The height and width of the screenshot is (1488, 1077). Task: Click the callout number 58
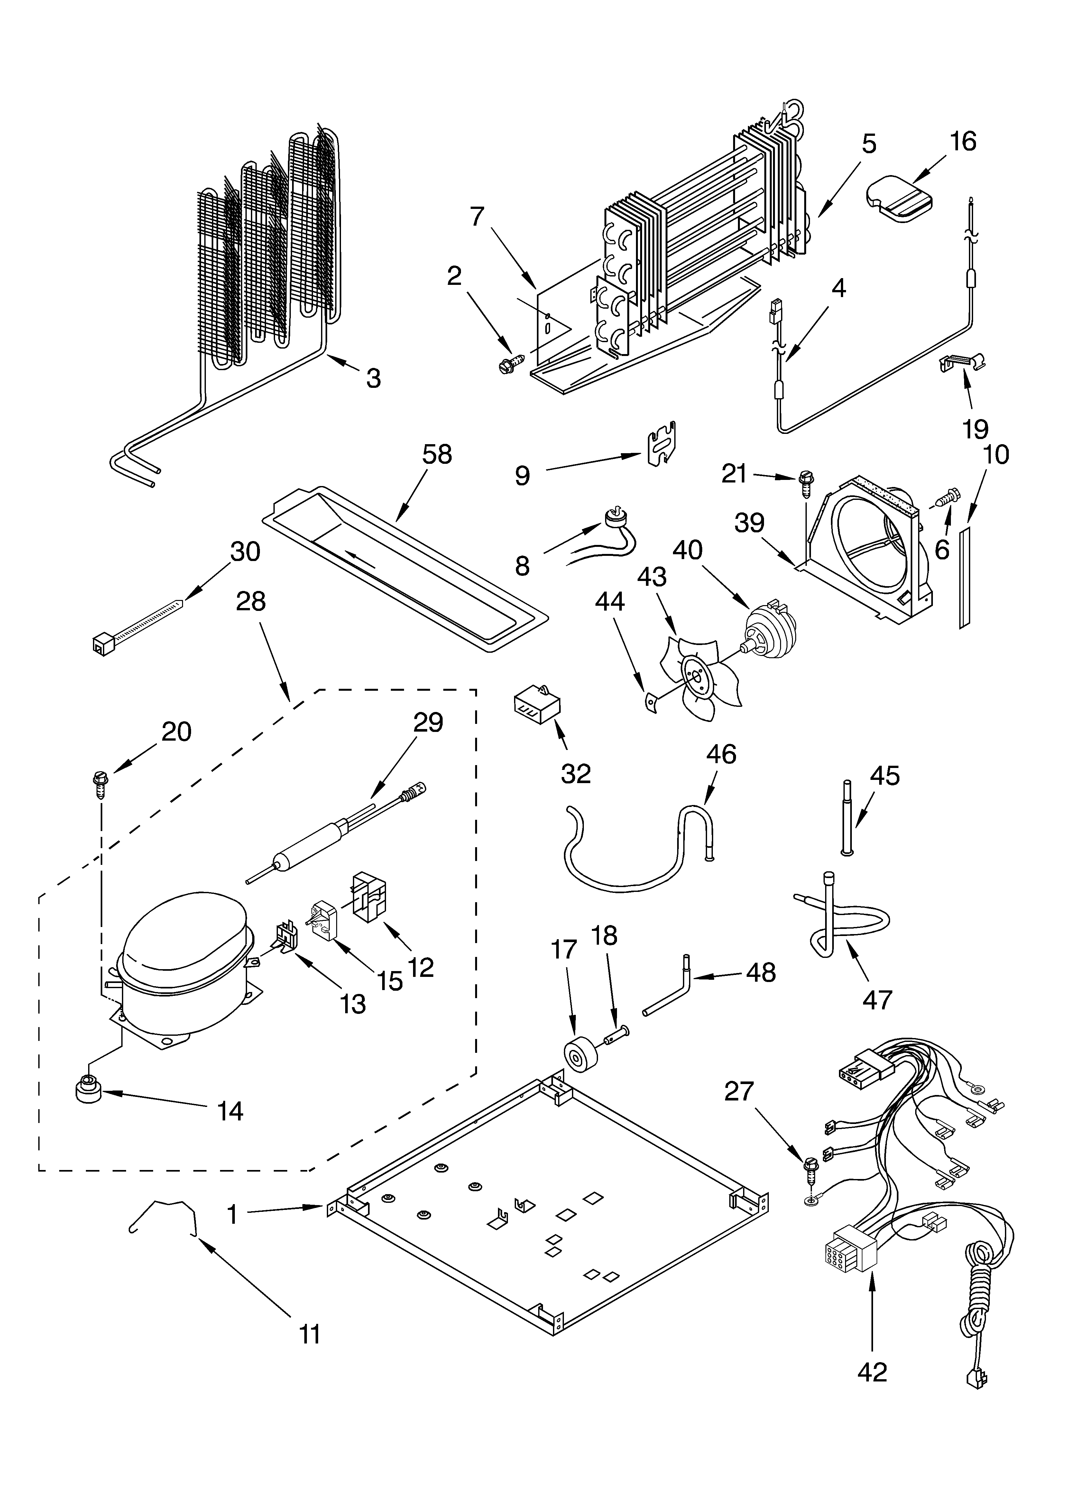click(x=437, y=455)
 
